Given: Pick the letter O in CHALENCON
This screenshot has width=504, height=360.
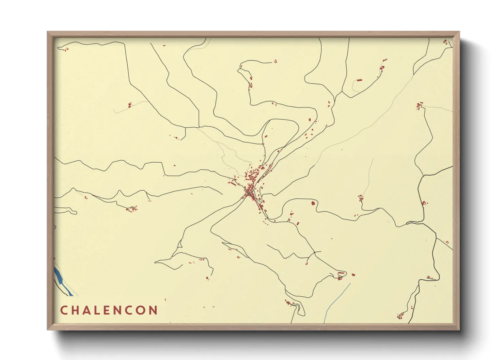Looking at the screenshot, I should [141, 310].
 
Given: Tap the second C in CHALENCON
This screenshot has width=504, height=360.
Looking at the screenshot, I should [129, 310].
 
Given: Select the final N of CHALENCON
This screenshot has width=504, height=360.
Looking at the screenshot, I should [153, 310].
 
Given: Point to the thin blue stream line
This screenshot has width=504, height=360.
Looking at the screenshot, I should [337, 299].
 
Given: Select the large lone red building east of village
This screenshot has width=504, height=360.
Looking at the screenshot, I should [313, 203].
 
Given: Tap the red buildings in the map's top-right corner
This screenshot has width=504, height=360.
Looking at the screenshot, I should [445, 42].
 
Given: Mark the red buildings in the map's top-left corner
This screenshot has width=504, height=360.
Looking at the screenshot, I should [65, 49].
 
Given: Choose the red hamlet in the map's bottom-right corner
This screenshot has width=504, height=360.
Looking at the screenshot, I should [400, 316].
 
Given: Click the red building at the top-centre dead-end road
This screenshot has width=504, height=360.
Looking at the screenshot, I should [275, 61].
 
